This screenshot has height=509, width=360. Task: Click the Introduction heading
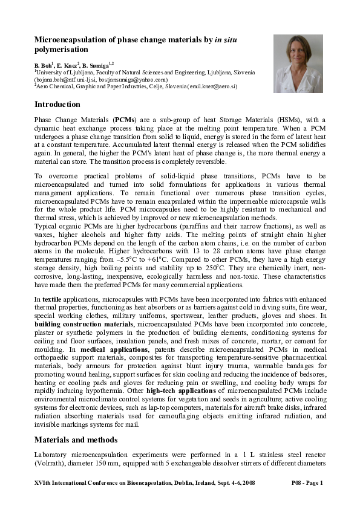pyautogui.click(x=57, y=105)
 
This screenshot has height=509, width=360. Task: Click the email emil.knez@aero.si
pyautogui.click(x=214, y=86)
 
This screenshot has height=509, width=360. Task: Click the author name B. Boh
pyautogui.click(x=42, y=64)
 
